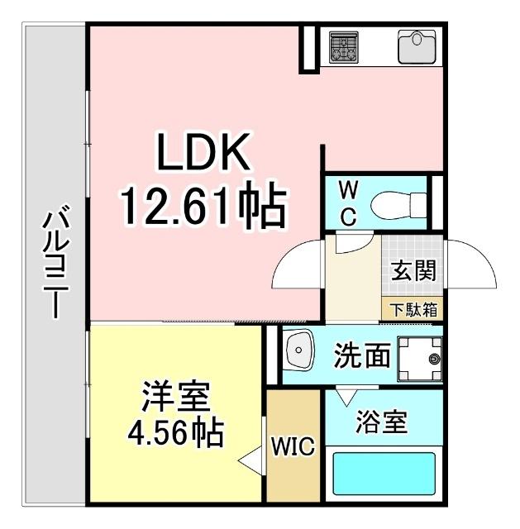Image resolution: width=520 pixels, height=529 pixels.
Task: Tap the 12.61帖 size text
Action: (203, 207)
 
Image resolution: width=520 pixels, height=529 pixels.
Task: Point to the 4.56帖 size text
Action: (176, 432)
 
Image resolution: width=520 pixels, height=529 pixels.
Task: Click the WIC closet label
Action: (293, 448)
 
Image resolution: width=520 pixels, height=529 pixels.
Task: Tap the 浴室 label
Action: (381, 422)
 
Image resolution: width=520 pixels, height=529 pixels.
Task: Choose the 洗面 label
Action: (361, 356)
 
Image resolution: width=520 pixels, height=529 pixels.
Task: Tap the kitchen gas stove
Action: (341, 47)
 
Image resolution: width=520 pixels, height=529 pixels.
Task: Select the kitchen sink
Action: (417, 46)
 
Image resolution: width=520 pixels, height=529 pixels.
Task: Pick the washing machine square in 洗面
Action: (422, 358)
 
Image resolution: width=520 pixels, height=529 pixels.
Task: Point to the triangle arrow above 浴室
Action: (346, 395)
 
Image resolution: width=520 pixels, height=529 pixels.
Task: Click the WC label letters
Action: (348, 203)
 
